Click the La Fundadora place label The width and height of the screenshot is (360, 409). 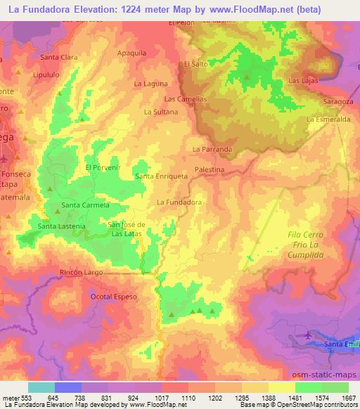(x=179, y=202)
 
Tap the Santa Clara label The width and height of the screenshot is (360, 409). (x=58, y=57)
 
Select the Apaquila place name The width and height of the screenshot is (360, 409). (x=132, y=53)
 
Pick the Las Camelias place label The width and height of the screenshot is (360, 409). (x=186, y=99)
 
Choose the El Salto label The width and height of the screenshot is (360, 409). (x=193, y=64)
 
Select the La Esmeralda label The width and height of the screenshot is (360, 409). (x=328, y=119)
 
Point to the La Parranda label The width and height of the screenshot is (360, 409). (x=212, y=149)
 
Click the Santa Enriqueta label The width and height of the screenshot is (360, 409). (x=161, y=176)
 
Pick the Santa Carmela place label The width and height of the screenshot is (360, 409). (x=86, y=205)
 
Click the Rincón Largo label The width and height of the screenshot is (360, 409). (x=82, y=272)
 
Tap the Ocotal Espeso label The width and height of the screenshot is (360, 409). (x=113, y=297)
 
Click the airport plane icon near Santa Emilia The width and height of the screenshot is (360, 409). (x=307, y=337)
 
